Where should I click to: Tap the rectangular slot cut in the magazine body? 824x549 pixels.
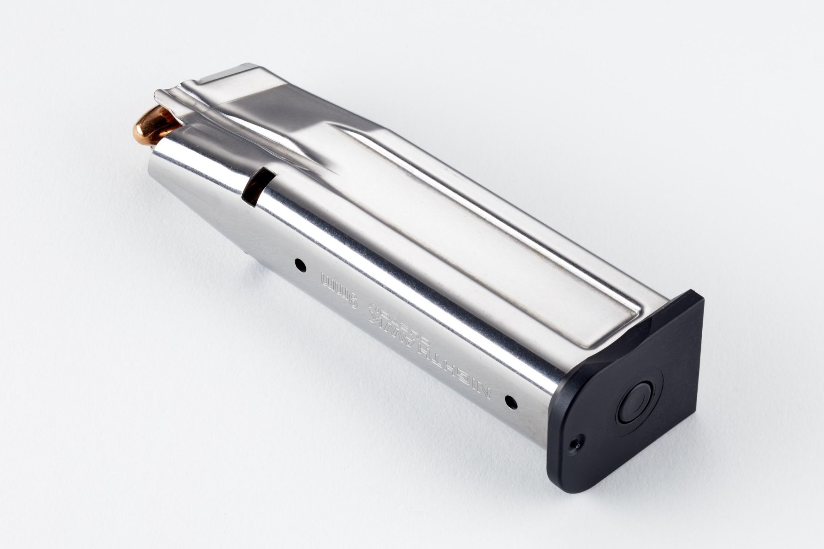(x=256, y=188)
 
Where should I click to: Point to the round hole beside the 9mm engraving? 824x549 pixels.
(x=300, y=264)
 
